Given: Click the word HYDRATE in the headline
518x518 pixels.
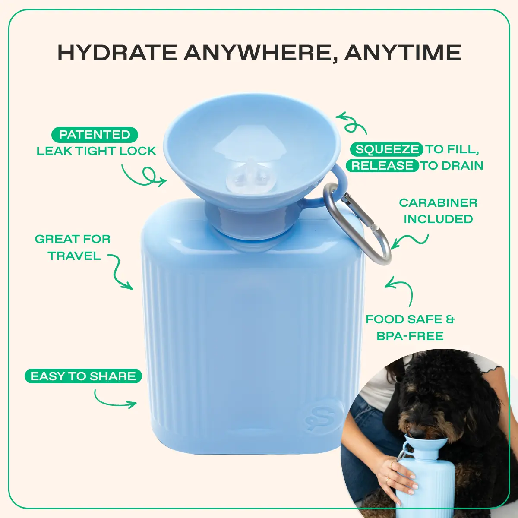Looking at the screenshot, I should tap(117, 53).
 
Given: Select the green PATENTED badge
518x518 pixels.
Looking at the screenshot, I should tap(95, 135).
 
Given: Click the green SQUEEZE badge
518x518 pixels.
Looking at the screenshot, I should tap(387, 149).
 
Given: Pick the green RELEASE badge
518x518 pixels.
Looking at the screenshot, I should tap(382, 166).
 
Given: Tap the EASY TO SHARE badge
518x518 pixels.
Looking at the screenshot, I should tap(83, 376).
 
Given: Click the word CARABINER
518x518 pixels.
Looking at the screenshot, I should tap(438, 203).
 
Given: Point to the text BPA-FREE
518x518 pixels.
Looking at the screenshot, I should tap(410, 336).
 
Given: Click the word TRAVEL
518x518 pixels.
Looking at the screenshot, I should tap(74, 256).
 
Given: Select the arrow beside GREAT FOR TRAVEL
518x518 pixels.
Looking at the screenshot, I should tap(120, 272).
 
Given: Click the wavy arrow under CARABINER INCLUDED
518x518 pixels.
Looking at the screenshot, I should tap(410, 241).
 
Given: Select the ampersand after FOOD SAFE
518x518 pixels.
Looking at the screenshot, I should tap(450, 319).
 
